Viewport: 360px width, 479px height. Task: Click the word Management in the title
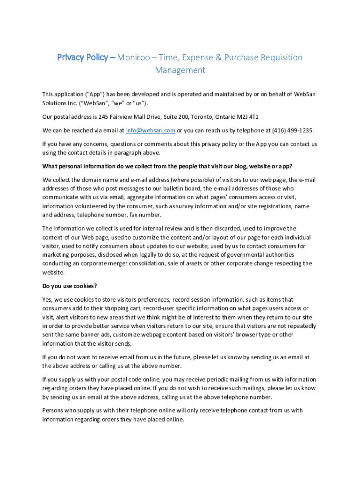180,70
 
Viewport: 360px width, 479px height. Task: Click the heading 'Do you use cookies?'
70,286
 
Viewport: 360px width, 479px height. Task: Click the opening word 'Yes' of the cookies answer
47,299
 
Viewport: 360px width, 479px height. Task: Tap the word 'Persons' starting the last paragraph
54,410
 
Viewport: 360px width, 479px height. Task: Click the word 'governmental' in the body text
245,254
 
